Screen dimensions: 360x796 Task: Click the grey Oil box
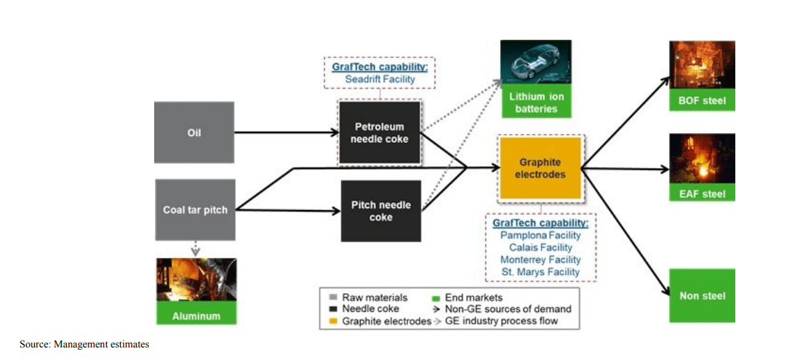pyautogui.click(x=194, y=133)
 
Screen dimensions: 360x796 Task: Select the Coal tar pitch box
pyautogui.click(x=195, y=209)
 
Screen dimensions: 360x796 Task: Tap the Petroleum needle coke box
pyautogui.click(x=380, y=133)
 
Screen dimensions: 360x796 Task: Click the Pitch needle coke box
pyautogui.click(x=381, y=211)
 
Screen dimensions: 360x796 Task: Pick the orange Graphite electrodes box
pyautogui.click(x=540, y=168)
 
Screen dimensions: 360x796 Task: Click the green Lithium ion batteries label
pyautogui.click(x=536, y=103)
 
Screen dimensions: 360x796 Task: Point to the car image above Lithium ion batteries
pyautogui.click(x=536, y=64)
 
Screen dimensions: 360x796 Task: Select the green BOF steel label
pyautogui.click(x=702, y=101)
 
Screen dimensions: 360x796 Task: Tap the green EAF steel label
pyautogui.click(x=702, y=194)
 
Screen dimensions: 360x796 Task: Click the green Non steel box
pyautogui.click(x=702, y=295)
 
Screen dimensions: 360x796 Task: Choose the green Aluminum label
pyautogui.click(x=196, y=316)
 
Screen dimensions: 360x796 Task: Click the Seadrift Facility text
pyautogui.click(x=380, y=80)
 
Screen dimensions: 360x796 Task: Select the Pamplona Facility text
pyautogui.click(x=540, y=235)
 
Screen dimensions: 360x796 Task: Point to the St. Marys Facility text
pyautogui.click(x=540, y=271)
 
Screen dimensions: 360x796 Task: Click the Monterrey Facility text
pyautogui.click(x=540, y=260)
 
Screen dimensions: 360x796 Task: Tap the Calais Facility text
pyautogui.click(x=540, y=247)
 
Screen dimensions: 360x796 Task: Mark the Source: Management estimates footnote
pyautogui.click(x=84, y=344)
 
